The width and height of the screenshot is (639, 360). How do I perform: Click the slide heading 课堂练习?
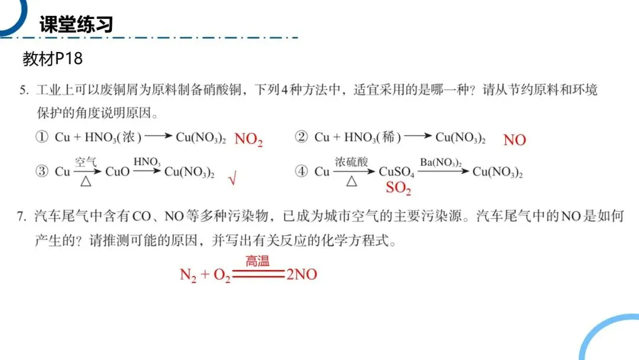pyautogui.click(x=76, y=24)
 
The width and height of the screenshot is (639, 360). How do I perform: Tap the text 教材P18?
pyautogui.click(x=53, y=59)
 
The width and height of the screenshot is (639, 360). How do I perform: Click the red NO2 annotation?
pyautogui.click(x=248, y=140)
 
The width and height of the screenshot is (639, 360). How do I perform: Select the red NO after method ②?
pyautogui.click(x=514, y=140)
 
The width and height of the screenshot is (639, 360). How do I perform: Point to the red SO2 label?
pyautogui.click(x=398, y=189)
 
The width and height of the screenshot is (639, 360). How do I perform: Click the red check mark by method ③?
pyautogui.click(x=232, y=178)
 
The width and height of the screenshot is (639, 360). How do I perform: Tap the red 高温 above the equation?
pyautogui.click(x=257, y=261)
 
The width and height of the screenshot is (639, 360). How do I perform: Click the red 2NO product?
pyautogui.click(x=302, y=275)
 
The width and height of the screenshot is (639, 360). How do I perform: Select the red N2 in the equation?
pyautogui.click(x=188, y=276)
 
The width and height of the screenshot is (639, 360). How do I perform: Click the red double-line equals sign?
pyautogui.click(x=258, y=274)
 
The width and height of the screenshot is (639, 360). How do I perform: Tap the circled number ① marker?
pyautogui.click(x=41, y=137)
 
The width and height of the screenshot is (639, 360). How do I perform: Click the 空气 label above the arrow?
pyautogui.click(x=85, y=160)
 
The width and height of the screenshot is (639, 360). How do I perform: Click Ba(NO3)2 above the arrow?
pyautogui.click(x=441, y=162)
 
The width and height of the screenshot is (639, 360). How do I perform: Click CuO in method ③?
pyautogui.click(x=117, y=172)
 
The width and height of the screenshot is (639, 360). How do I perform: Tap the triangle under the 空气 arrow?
pyautogui.click(x=85, y=182)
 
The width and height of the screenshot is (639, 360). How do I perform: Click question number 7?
pyautogui.click(x=21, y=217)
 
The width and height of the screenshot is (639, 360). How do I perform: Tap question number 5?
pyautogui.click(x=24, y=91)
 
